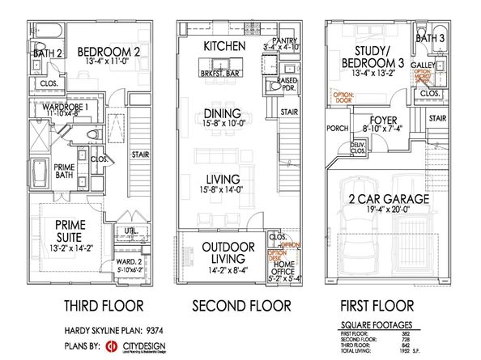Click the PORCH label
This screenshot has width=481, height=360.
coord(336,127)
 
